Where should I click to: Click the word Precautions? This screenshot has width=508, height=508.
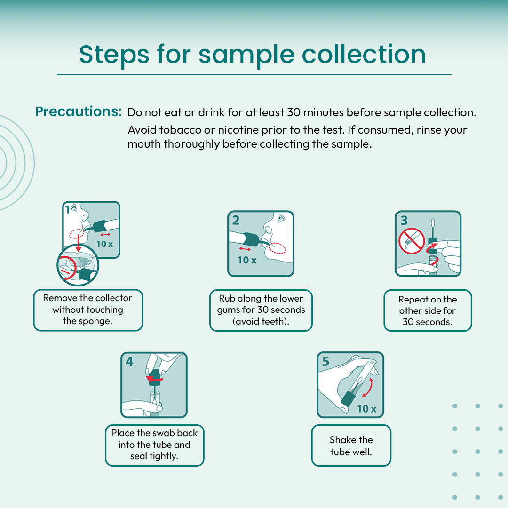pyautogui.click(x=78, y=111)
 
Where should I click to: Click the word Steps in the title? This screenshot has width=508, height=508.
pyautogui.click(x=114, y=55)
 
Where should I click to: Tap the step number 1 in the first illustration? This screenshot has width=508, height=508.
pyautogui.click(x=67, y=210)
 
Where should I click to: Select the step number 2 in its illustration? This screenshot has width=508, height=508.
pyautogui.click(x=236, y=220)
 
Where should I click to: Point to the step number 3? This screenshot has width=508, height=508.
pyautogui.click(x=404, y=220)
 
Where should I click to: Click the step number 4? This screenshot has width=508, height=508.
pyautogui.click(x=129, y=362)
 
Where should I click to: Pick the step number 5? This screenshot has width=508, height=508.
pyautogui.click(x=325, y=362)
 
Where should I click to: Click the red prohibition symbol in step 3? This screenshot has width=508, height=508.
pyautogui.click(x=412, y=241)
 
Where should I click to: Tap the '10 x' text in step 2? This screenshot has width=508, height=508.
pyautogui.click(x=247, y=260)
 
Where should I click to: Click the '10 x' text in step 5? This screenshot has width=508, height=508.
pyautogui.click(x=367, y=409)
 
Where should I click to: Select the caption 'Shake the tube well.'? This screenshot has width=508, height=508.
pyautogui.click(x=351, y=446)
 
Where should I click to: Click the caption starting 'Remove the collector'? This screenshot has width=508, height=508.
pyautogui.click(x=88, y=310)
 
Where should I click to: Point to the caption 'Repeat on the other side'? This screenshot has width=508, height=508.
pyautogui.click(x=428, y=310)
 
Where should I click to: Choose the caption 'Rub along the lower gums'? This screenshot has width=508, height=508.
pyautogui.click(x=261, y=310)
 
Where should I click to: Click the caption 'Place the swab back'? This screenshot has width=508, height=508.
pyautogui.click(x=154, y=444)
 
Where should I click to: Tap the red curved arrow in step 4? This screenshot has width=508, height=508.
pyautogui.click(x=155, y=379)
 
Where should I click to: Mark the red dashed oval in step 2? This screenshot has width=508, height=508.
pyautogui.click(x=278, y=248)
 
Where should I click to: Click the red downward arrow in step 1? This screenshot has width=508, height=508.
pyautogui.click(x=78, y=243)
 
